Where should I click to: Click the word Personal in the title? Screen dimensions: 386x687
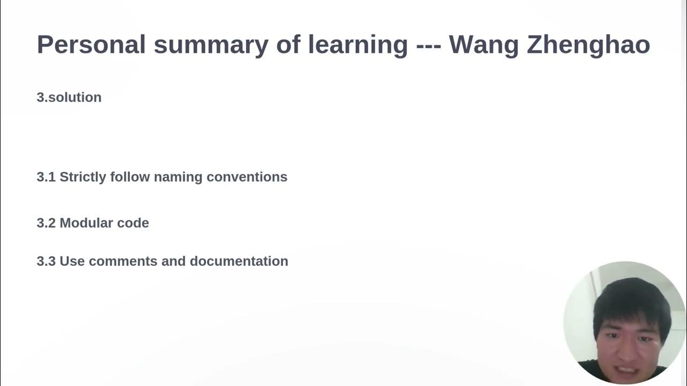pos(91,44)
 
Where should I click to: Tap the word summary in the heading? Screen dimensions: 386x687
pos(210,44)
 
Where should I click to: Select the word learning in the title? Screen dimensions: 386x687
pos(357,44)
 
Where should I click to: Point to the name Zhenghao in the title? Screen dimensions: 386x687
pos(588,44)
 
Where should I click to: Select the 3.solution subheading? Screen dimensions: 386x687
pos(69,97)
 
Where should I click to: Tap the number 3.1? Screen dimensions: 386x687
pos(46,177)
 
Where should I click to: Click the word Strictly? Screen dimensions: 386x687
pos(83,177)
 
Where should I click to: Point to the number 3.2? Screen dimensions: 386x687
pos(46,223)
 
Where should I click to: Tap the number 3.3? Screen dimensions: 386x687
pos(46,261)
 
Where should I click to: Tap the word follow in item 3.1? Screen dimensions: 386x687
pos(130,177)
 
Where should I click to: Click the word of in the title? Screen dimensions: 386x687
pos(288,44)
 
